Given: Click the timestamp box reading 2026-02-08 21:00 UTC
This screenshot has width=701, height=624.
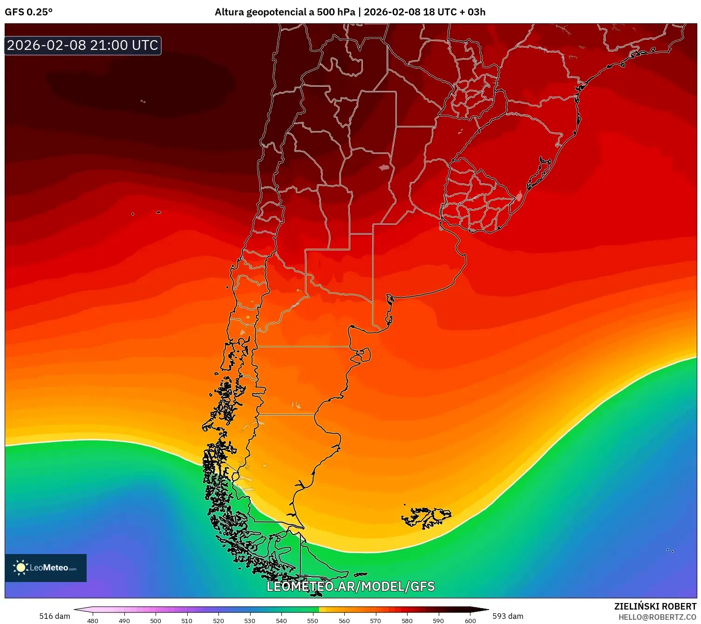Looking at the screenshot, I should click(83, 45).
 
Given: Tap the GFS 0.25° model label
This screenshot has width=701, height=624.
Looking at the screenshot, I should click(28, 12).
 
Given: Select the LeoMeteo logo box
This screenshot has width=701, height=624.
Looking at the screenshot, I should click(46, 568).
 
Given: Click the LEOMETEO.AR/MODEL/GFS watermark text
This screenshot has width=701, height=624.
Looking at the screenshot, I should click(350, 586).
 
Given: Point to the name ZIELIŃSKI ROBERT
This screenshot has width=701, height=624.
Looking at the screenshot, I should click(655, 606).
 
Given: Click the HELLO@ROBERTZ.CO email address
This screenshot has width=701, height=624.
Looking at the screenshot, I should click(657, 617).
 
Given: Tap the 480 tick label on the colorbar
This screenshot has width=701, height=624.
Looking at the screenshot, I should click(93, 621).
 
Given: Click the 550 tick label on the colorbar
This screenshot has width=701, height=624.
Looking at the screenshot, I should click(313, 621).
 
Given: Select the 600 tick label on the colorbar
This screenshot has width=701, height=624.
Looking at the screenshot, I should click(470, 621).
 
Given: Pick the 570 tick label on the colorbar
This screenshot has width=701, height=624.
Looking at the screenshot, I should click(375, 621).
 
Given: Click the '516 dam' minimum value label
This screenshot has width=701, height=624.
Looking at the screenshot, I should click(54, 616).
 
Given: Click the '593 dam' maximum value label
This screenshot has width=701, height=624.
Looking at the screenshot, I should click(508, 616).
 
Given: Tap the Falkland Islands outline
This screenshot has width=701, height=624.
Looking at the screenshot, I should click(426, 517).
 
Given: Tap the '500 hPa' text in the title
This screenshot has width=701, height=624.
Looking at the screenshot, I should click(336, 12).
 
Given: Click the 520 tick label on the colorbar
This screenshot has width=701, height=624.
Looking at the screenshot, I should click(218, 621).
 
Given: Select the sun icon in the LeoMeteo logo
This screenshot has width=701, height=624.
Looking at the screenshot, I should click(20, 567).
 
